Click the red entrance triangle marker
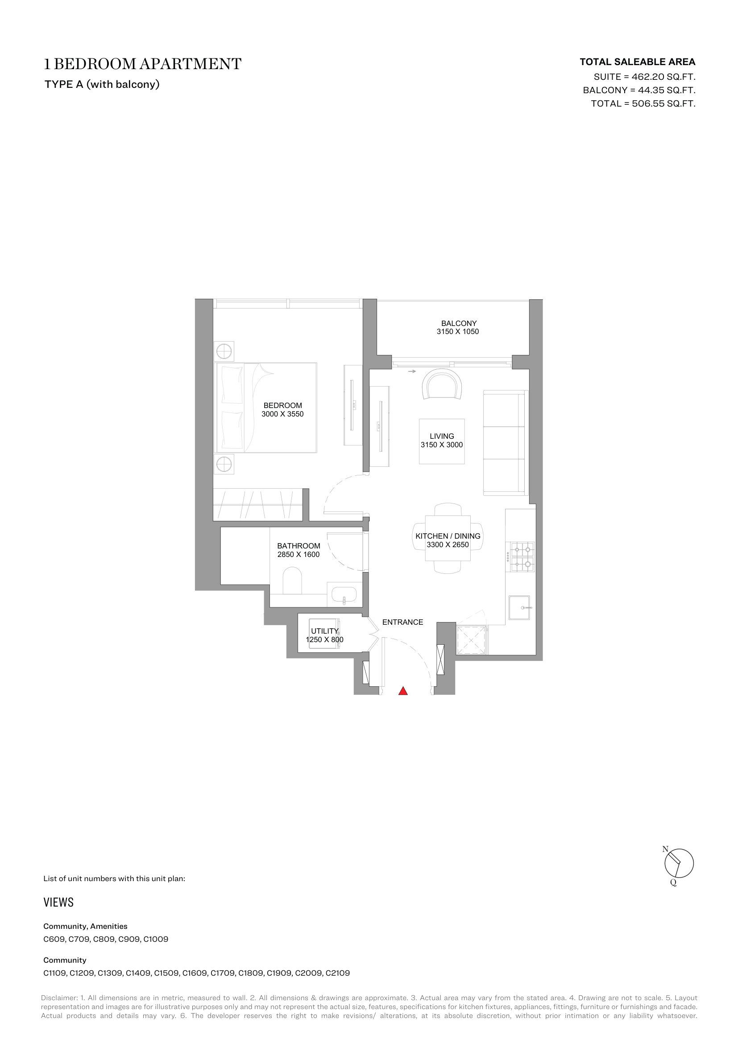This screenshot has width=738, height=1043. tap(402, 691)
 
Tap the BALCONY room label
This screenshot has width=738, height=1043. tap(459, 323)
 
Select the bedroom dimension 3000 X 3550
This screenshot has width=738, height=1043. tap(282, 414)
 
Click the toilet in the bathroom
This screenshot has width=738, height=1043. tap(292, 581)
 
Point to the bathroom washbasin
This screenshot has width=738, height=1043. tap(344, 594)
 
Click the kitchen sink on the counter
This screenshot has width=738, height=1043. tap(519, 607)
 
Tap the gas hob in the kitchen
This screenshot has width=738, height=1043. tap(522, 557)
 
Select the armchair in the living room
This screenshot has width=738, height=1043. tap(442, 384)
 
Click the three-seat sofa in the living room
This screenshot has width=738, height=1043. tap(506, 442)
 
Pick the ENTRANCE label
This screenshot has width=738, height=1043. tap(402, 622)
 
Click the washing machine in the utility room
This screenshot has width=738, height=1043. tap(324, 633)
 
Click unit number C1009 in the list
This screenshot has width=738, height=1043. tap(155, 939)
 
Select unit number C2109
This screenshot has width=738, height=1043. tap(338, 973)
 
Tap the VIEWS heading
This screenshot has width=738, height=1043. tap(58, 902)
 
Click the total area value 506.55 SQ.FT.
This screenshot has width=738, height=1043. tap(663, 103)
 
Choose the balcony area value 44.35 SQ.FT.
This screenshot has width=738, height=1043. tap(667, 90)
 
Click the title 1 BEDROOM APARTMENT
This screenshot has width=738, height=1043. tap(143, 64)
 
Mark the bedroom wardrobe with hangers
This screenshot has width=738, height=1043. tap(257, 505)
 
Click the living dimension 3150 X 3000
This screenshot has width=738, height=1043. tap(442, 445)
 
